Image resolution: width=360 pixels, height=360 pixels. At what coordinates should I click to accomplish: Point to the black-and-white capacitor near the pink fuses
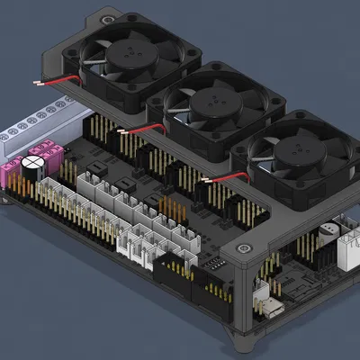34,167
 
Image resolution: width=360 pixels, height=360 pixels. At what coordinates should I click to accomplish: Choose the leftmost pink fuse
13,172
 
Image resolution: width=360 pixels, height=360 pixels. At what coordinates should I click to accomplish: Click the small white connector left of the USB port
262,290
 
